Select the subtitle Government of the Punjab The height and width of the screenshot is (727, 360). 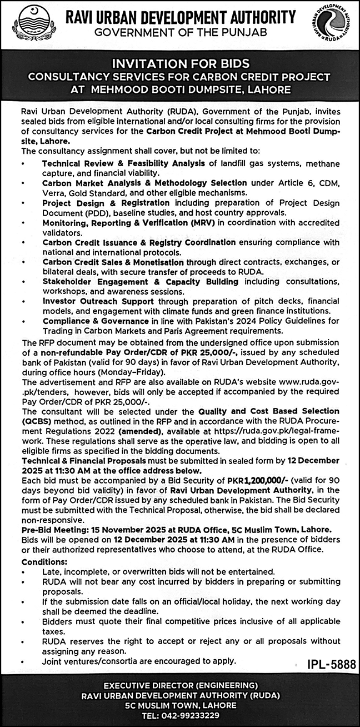click(181, 33)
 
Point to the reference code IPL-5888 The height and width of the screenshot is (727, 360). click(329, 664)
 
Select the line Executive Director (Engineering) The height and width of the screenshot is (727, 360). click(180, 685)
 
